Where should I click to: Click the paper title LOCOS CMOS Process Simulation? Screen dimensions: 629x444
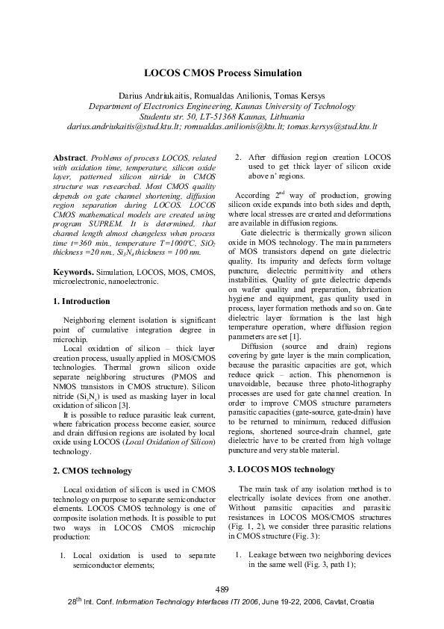(x=222, y=73)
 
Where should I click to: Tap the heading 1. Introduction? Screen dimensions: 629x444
(x=81, y=301)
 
